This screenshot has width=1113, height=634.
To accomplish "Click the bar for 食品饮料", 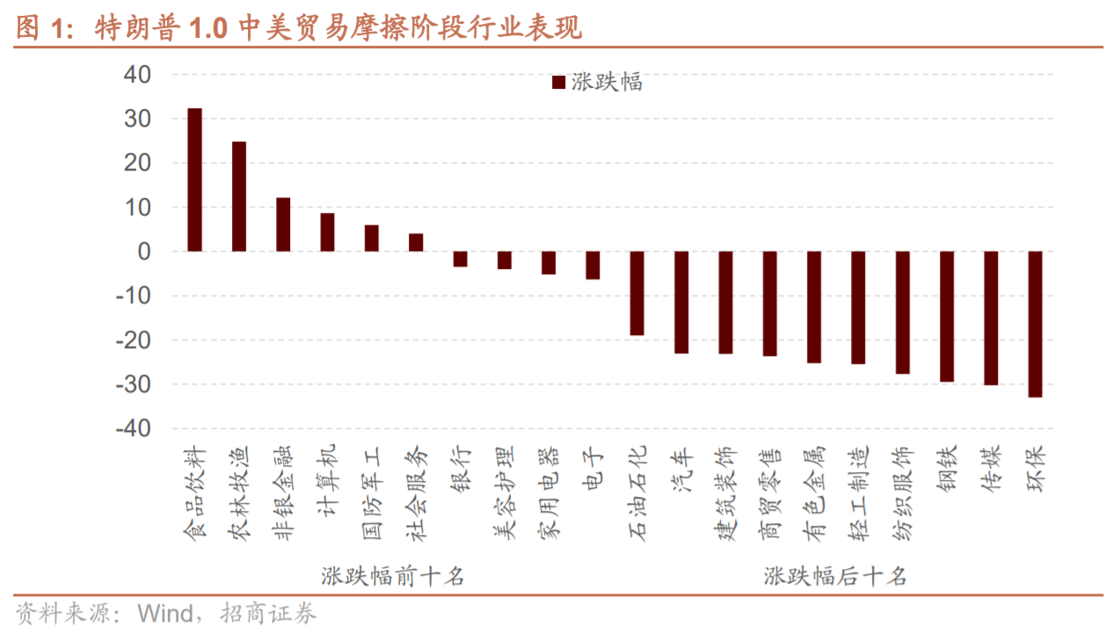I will click(195, 180).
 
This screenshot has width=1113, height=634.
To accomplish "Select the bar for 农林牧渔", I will click(239, 197).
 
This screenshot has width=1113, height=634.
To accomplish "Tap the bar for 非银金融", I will click(283, 225).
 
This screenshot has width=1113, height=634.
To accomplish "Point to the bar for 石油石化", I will click(637, 293).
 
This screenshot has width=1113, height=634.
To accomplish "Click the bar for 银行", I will click(460, 259).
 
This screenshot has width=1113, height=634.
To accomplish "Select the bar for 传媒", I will click(991, 318).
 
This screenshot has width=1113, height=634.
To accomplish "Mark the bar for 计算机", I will click(327, 232).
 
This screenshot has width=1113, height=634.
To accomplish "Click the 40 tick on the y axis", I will click(139, 75).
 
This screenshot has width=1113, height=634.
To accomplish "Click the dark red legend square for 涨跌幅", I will click(558, 83).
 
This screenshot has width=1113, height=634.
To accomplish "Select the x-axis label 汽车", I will click(683, 468).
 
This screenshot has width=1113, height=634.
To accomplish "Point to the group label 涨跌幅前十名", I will click(392, 577).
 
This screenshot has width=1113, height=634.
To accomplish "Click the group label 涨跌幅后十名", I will click(835, 577).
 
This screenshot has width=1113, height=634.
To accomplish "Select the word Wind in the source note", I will click(166, 614).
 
